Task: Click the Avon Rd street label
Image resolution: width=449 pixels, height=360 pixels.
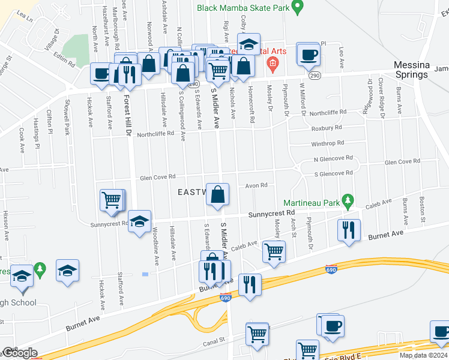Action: point(256,185)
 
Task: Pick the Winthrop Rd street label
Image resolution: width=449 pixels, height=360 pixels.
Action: point(327,143)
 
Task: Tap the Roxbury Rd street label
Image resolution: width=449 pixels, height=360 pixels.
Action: point(327,128)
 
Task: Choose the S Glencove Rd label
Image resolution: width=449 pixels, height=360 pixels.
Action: point(333,173)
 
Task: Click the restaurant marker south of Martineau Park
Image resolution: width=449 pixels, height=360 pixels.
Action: point(348,230)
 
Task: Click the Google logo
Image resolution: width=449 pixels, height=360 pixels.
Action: point(20,353)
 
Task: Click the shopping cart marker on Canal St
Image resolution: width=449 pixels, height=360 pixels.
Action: point(257,334)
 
